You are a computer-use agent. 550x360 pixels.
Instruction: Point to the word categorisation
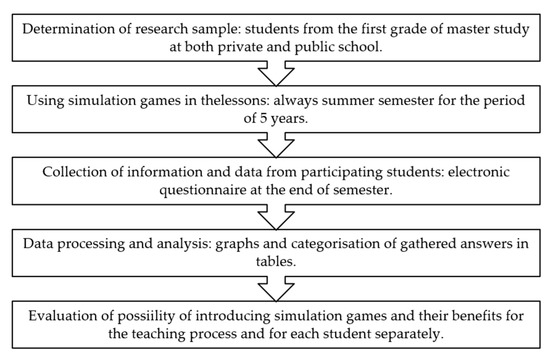coord(352,241)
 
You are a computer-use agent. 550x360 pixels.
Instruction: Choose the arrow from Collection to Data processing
coord(274,213)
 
